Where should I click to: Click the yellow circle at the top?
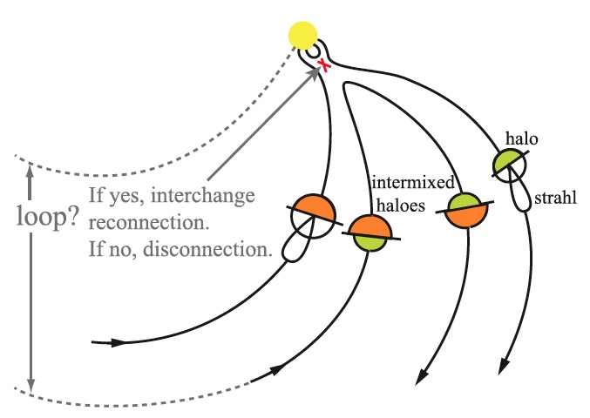[304, 36]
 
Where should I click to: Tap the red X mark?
[323, 66]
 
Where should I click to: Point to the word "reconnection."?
[147, 222]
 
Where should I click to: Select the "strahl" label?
[559, 199]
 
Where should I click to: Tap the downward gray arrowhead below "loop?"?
[31, 383]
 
